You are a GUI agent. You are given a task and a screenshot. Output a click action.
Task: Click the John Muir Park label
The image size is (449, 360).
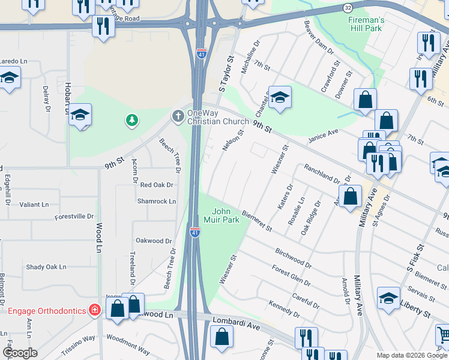coord(226,215)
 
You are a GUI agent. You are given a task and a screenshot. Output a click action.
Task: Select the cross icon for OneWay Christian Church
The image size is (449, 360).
coord(178,115)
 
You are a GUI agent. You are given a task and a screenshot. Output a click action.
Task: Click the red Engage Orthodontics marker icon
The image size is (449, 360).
coord(94,310)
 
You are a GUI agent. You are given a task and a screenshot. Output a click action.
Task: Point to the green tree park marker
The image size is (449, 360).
coord(131,121)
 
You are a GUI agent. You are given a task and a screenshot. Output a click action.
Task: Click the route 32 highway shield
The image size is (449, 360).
coord(348,7)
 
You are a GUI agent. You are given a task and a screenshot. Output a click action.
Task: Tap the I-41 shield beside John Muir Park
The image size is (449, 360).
coord(195,232)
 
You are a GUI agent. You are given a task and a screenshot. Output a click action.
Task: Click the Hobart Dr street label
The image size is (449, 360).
coord(67,98)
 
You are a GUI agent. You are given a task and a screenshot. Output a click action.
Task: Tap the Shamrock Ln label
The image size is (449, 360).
coord(157,202)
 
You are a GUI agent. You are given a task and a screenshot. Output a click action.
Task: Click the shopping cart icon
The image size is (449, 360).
coord(443,334)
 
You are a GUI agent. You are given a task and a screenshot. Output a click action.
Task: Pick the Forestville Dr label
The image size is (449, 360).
coord(74,216)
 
